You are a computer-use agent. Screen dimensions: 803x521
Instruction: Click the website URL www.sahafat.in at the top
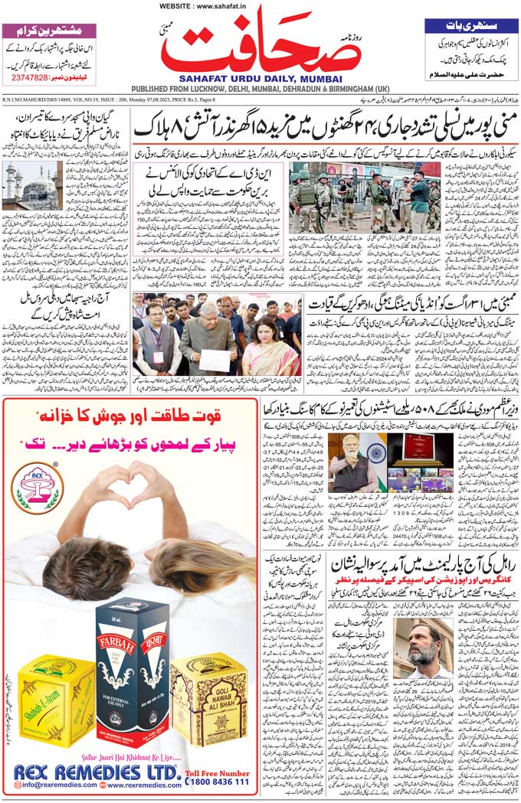point(203,6)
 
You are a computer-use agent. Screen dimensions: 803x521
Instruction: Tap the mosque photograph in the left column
point(32,185)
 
